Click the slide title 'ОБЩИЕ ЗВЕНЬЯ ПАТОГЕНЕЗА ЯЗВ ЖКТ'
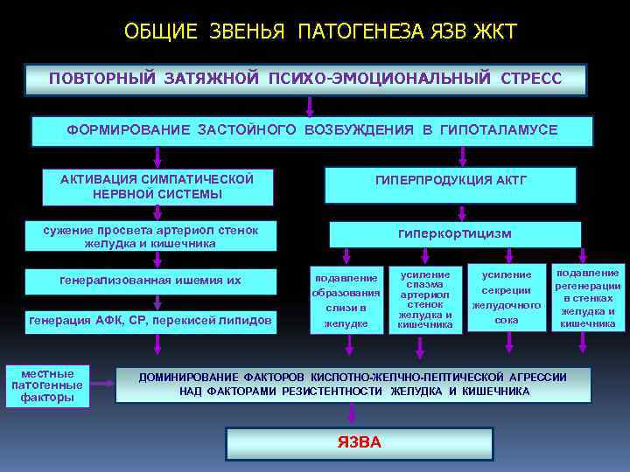pyautogui.click(x=320, y=32)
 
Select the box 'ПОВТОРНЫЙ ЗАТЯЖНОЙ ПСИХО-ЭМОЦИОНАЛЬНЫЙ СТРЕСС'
pyautogui.click(x=305, y=79)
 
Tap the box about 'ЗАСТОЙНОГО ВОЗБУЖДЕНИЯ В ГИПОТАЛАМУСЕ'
pyautogui.click(x=312, y=130)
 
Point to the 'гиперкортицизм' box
pyautogui.click(x=454, y=234)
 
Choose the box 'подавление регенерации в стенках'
pyautogui.click(x=587, y=297)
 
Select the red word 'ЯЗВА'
pyautogui.click(x=359, y=442)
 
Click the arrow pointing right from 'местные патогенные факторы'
pyautogui.click(x=104, y=383)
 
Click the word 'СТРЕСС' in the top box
pyautogui.click(x=530, y=79)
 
